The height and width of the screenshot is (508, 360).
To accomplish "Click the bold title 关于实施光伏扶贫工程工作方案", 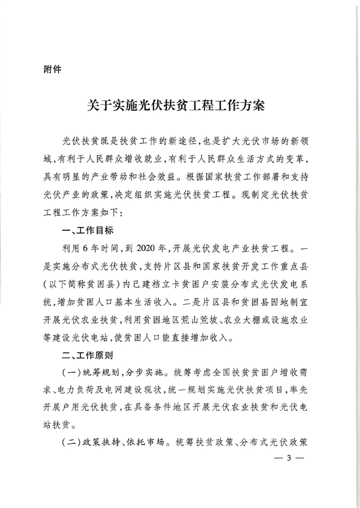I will coord(180,107).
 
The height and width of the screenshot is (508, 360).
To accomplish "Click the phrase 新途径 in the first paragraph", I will coord(179,142).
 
